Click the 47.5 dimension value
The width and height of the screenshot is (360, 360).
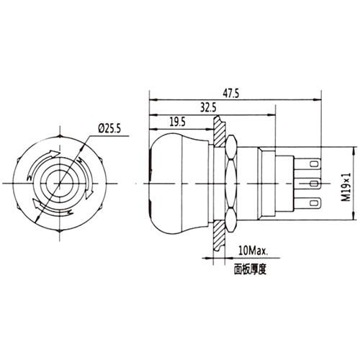click(231, 94)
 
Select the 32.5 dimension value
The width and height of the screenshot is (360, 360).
click(208, 108)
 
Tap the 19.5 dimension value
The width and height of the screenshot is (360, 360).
click(178, 122)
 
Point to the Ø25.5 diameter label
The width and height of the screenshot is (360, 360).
click(109, 129)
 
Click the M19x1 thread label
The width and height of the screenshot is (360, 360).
click(346, 184)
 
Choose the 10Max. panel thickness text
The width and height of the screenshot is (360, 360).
click(253, 251)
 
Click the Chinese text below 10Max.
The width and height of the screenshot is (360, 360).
click(251, 269)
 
